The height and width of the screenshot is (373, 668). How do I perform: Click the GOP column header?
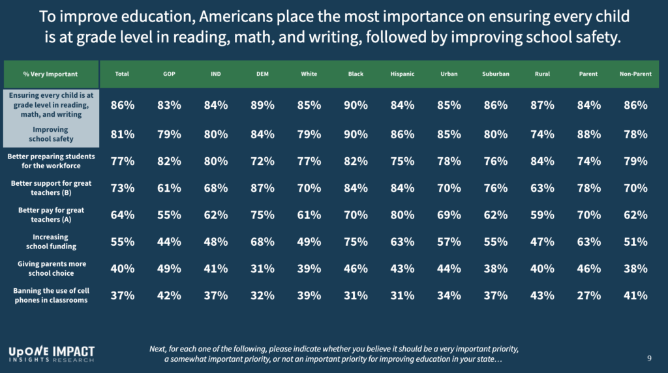[170, 74]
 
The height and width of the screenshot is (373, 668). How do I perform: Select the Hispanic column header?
[402, 74]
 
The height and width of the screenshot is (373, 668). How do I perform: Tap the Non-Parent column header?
[635, 74]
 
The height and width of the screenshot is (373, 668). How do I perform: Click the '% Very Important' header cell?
[51, 74]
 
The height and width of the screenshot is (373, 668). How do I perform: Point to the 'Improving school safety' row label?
[50, 134]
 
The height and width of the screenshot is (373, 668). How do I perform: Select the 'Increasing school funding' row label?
[50, 241]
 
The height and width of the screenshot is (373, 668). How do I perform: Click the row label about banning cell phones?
[50, 295]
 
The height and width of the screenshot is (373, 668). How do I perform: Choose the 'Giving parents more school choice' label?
[50, 268]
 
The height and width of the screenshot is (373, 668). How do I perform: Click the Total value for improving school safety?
[122, 134]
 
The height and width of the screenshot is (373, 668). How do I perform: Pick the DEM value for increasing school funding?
[263, 241]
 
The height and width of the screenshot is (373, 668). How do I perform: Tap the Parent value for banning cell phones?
[588, 295]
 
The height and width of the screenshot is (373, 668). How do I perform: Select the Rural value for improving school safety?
[541, 134]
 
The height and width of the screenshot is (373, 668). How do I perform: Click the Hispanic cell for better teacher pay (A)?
[402, 215]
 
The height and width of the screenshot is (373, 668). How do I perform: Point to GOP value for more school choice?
[170, 268]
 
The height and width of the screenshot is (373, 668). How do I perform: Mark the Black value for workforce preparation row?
[356, 161]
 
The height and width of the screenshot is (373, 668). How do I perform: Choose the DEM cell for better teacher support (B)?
[263, 188]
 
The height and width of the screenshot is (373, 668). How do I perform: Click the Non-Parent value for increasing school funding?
[635, 241]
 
